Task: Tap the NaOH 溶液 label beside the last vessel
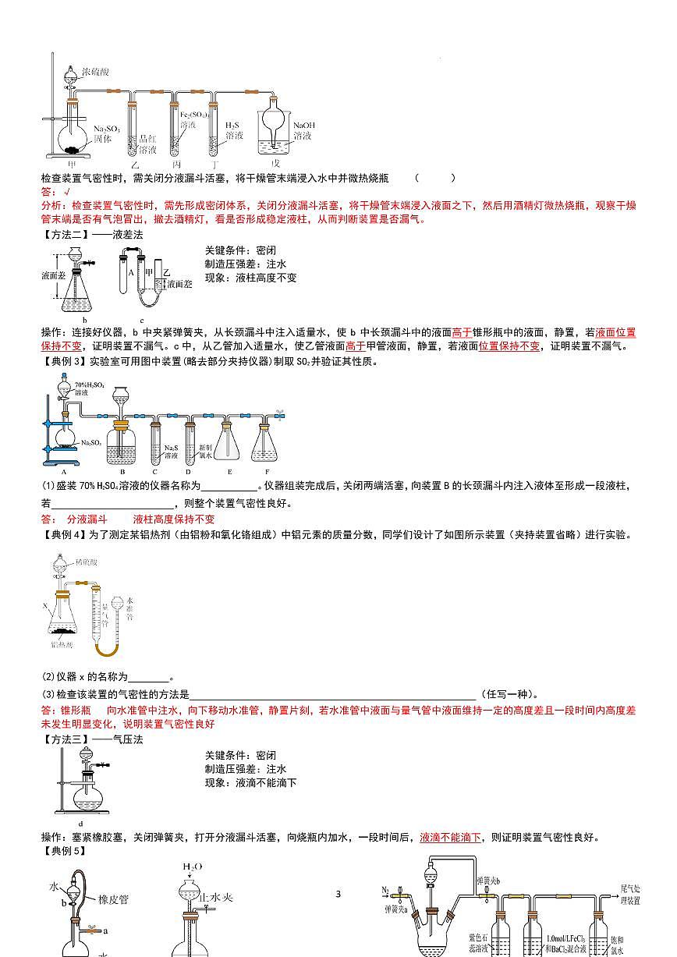pyautogui.click(x=304, y=129)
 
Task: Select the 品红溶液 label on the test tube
pyautogui.click(x=147, y=144)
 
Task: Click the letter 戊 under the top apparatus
pyautogui.click(x=275, y=165)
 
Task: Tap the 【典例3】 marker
pyautogui.click(x=63, y=361)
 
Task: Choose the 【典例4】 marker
pyautogui.click(x=63, y=534)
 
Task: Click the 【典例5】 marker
pyautogui.click(x=63, y=850)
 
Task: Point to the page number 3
pyautogui.click(x=338, y=894)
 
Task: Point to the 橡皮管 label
pyautogui.click(x=113, y=899)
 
